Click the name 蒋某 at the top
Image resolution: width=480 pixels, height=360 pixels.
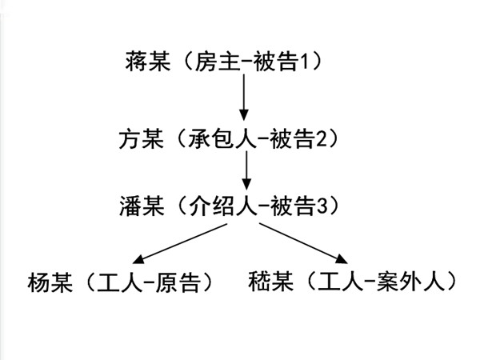(148, 61)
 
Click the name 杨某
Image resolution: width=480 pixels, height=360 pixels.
(49, 282)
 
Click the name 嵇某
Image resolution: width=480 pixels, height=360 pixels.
(270, 282)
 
